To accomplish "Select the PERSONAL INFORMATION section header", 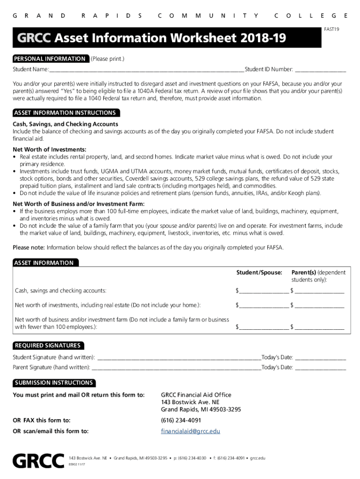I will (x=50, y=59).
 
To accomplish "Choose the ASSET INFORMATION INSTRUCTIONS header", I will (x=65, y=113).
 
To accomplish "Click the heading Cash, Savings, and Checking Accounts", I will (x=65, y=124).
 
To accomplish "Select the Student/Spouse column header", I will (x=259, y=272).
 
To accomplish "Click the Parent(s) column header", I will (x=304, y=272).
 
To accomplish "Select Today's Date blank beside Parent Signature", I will (x=320, y=368).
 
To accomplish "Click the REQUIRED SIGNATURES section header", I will (x=48, y=346).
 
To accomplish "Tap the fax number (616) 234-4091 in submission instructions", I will (x=181, y=420).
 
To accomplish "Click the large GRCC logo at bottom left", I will (x=38, y=461).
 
